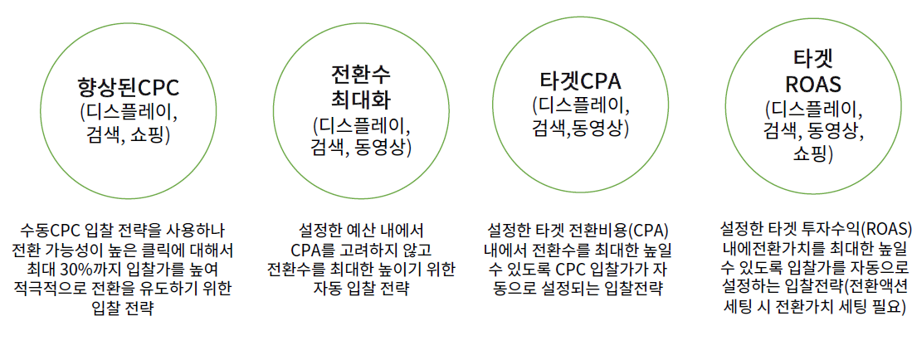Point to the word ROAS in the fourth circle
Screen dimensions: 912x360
(812, 84)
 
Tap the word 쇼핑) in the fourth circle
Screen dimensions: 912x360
(813, 153)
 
